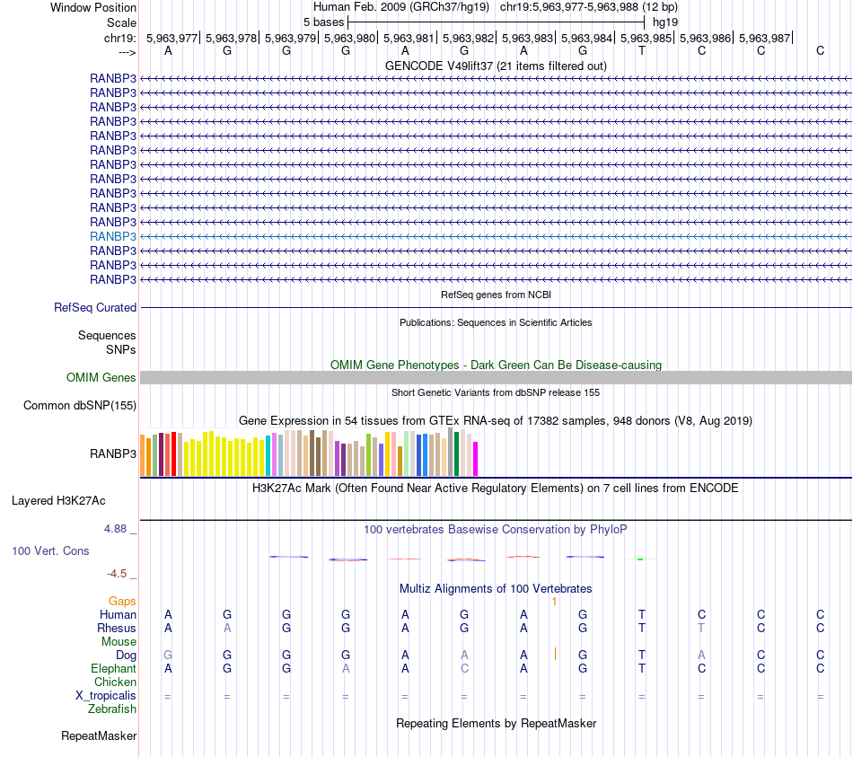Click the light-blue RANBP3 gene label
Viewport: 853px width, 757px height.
coord(113,236)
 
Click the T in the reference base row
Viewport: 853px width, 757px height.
coord(641,50)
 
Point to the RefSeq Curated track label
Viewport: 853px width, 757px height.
coord(95,307)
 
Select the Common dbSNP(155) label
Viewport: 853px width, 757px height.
coord(80,406)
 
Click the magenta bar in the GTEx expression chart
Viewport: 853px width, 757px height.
coord(475,458)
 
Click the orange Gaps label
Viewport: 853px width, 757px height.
coord(122,601)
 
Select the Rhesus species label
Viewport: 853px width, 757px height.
coord(118,628)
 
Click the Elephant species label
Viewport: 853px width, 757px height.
coord(113,669)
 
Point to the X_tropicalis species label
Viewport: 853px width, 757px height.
coord(106,696)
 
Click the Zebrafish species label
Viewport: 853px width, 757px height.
coord(112,709)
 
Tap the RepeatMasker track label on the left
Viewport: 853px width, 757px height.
coord(99,736)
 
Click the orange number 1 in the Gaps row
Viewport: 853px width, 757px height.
coord(555,601)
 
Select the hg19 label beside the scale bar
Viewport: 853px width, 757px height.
coord(665,22)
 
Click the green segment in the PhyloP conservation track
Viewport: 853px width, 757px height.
coord(640,559)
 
